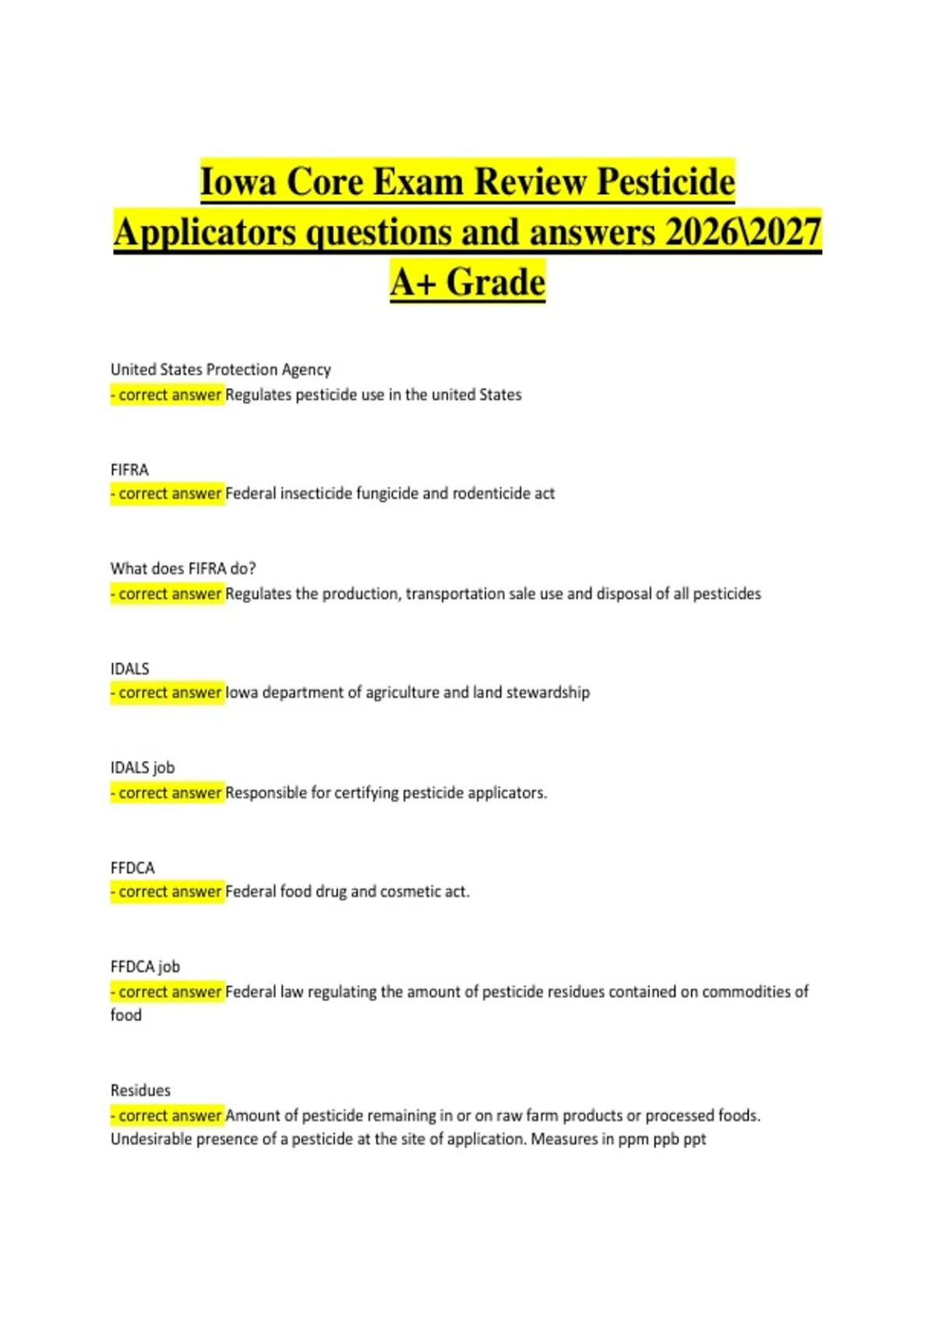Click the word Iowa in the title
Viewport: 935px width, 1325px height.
(x=238, y=182)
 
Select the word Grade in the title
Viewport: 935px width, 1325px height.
(x=496, y=282)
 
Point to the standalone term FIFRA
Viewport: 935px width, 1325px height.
(x=129, y=470)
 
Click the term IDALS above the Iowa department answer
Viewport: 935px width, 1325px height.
(x=129, y=669)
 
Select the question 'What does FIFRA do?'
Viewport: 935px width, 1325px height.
(x=183, y=569)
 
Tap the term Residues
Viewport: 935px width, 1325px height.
(x=140, y=1090)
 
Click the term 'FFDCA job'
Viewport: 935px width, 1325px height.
(x=145, y=966)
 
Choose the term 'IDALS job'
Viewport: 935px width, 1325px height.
(x=143, y=768)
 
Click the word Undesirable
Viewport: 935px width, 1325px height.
(x=151, y=1139)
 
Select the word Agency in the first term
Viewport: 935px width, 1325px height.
(x=306, y=369)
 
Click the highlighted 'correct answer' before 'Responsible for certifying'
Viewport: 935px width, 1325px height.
(x=167, y=793)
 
